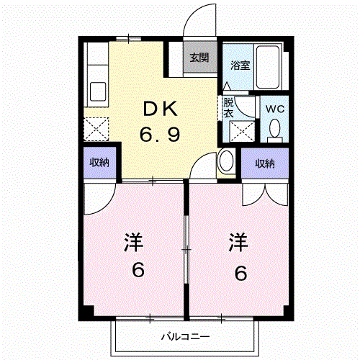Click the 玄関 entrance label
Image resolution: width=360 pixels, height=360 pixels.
tap(199, 58)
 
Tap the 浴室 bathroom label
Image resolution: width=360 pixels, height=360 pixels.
tap(240, 66)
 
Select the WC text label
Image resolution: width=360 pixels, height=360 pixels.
tap(275, 109)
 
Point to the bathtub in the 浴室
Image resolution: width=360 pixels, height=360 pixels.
tap(268, 67)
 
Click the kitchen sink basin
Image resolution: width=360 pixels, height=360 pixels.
tap(98, 92)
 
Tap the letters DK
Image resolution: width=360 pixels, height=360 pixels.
tap(161, 109)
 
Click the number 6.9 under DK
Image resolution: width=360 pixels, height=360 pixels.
tap(160, 135)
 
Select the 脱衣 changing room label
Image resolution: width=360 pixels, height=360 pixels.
tap(228, 108)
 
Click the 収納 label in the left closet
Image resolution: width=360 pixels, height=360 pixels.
tap(99, 163)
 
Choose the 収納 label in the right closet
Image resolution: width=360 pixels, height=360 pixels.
tap(265, 163)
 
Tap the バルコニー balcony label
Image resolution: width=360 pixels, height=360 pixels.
tap(185, 337)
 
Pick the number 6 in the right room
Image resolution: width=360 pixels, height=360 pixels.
tap(240, 273)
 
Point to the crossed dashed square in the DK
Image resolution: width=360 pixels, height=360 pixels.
tap(96, 129)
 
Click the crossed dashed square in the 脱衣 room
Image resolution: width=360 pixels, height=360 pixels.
tap(242, 132)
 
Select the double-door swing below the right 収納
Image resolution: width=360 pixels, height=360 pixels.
tap(265, 194)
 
